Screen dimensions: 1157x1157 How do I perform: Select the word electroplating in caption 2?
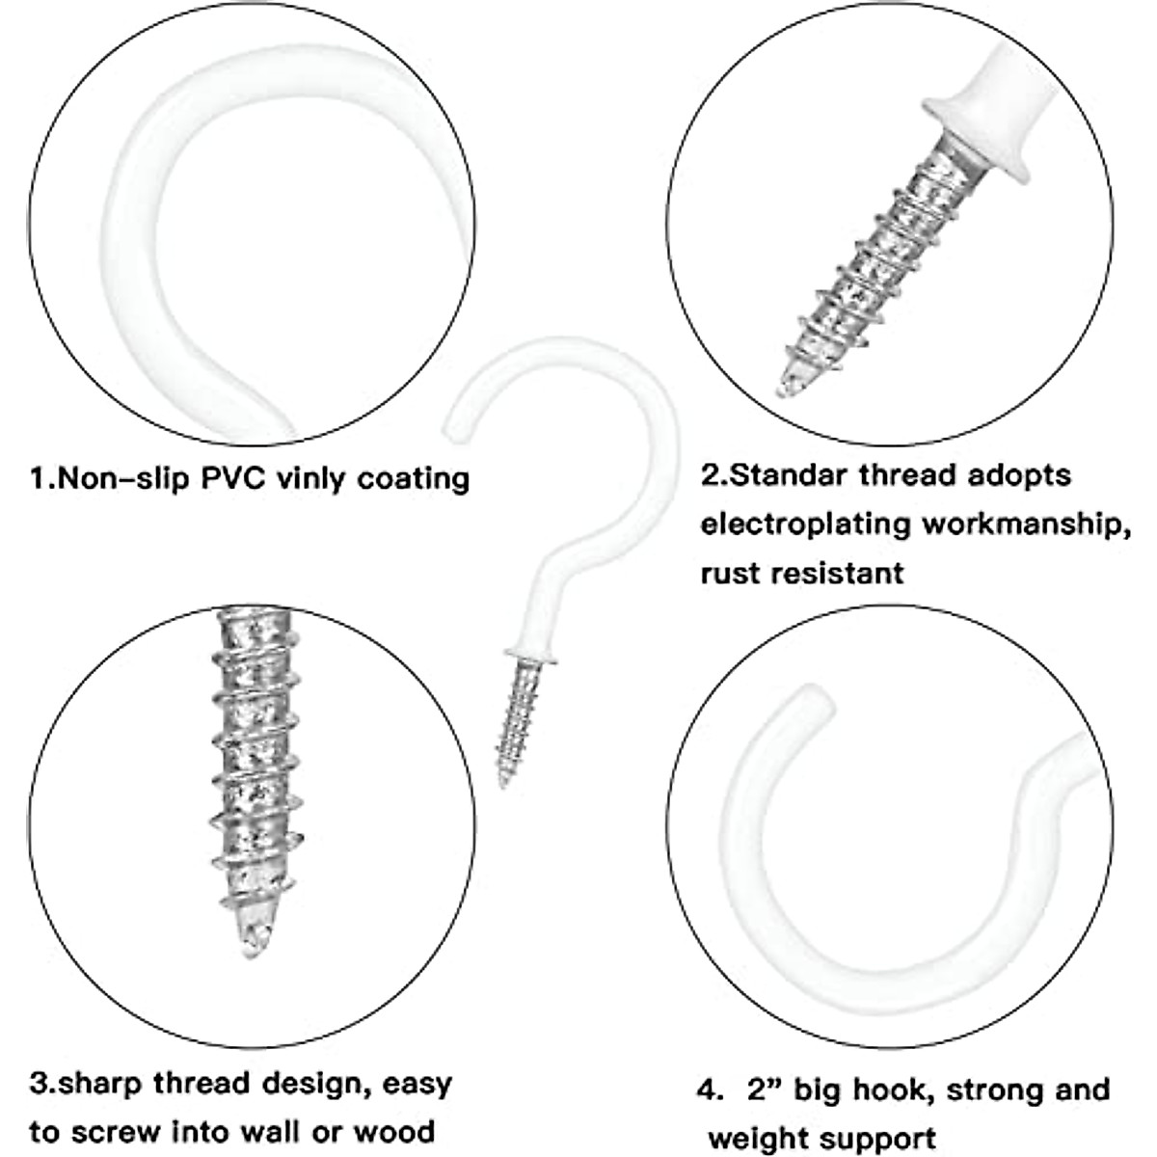coord(806,524)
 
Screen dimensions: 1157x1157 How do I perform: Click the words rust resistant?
coord(802,573)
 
